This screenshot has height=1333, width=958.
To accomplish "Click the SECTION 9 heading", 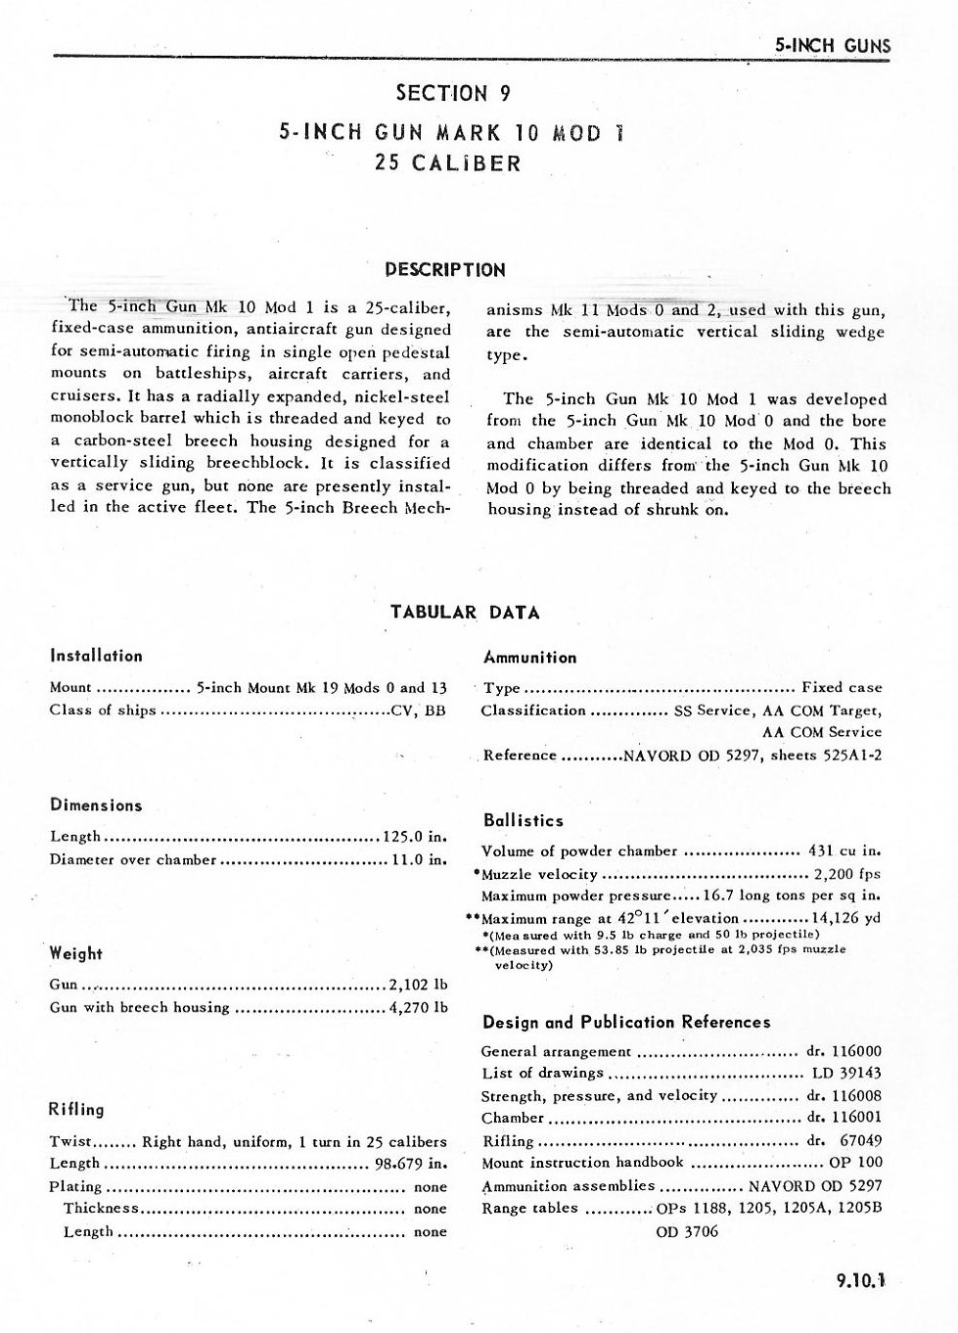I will [x=452, y=94].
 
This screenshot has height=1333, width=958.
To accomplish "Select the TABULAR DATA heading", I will [x=465, y=613].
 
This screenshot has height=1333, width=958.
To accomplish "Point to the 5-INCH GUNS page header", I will [x=832, y=44].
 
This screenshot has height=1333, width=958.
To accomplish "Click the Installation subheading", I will [x=96, y=656].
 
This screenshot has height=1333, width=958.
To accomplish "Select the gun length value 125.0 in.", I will [x=415, y=837].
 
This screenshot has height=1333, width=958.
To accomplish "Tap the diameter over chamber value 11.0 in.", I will [x=419, y=860].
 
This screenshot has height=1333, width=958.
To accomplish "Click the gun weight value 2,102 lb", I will [x=418, y=985].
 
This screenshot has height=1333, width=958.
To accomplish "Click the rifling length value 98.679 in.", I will [x=411, y=1164].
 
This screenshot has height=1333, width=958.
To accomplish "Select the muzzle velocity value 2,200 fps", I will [x=846, y=874].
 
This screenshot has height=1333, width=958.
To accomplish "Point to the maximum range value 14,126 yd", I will [x=846, y=919].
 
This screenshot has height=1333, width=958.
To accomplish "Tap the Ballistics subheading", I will [x=523, y=820].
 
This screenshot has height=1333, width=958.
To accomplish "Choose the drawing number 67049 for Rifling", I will [x=860, y=1140].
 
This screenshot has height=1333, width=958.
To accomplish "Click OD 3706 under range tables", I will [x=686, y=1231].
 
